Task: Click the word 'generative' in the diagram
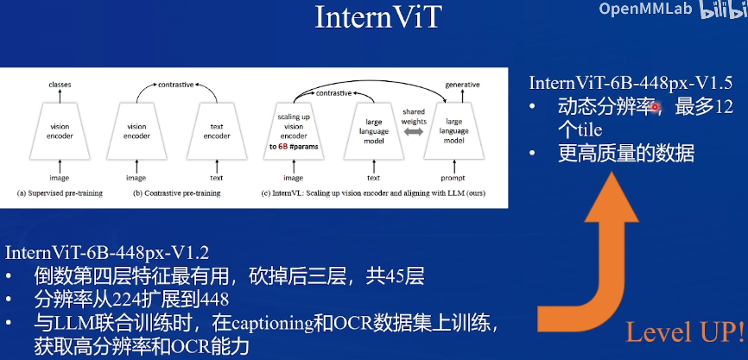pyautogui.click(x=463, y=85)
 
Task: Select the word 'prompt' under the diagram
pyautogui.click(x=464, y=177)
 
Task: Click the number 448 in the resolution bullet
pyautogui.click(x=212, y=300)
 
